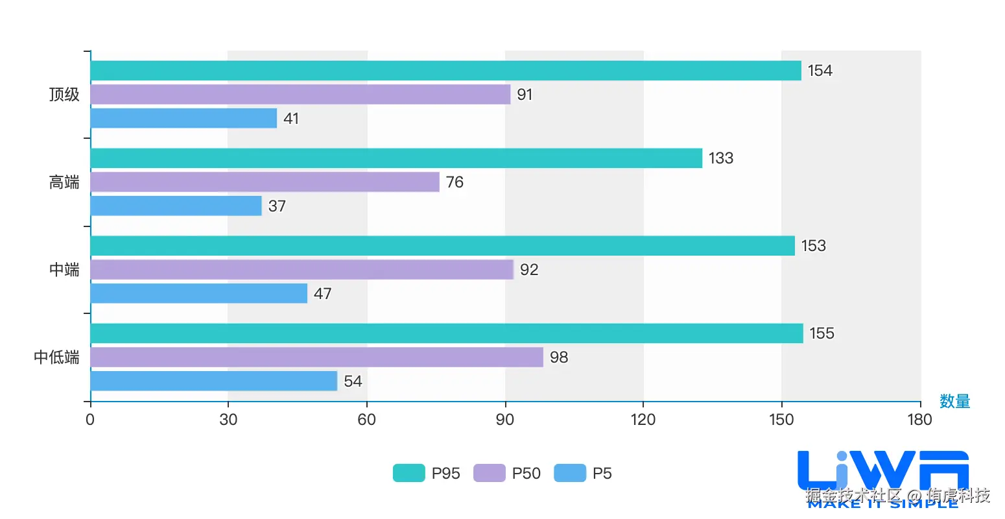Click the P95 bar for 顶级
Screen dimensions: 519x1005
(x=446, y=71)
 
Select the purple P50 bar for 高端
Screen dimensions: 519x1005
(x=265, y=182)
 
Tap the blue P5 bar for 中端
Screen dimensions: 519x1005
(x=198, y=293)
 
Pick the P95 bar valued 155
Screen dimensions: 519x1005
(x=447, y=333)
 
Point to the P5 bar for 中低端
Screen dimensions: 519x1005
(x=214, y=381)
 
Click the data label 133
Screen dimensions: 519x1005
(x=721, y=158)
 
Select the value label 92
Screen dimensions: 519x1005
(x=529, y=270)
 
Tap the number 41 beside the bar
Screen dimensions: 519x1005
(x=291, y=119)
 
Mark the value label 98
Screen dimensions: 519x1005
(x=559, y=357)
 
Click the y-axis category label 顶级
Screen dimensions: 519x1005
(x=64, y=95)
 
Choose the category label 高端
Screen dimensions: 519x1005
(x=64, y=182)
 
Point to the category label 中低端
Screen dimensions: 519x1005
(x=56, y=357)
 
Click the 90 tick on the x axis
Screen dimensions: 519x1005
(x=505, y=420)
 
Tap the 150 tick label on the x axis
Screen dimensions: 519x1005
(x=781, y=420)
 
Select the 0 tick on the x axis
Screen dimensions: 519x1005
(x=90, y=420)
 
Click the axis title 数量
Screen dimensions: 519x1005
(x=954, y=402)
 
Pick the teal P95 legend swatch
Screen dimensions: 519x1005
(x=408, y=474)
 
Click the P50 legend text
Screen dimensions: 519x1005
(x=526, y=474)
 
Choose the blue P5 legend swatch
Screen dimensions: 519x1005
(x=569, y=474)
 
